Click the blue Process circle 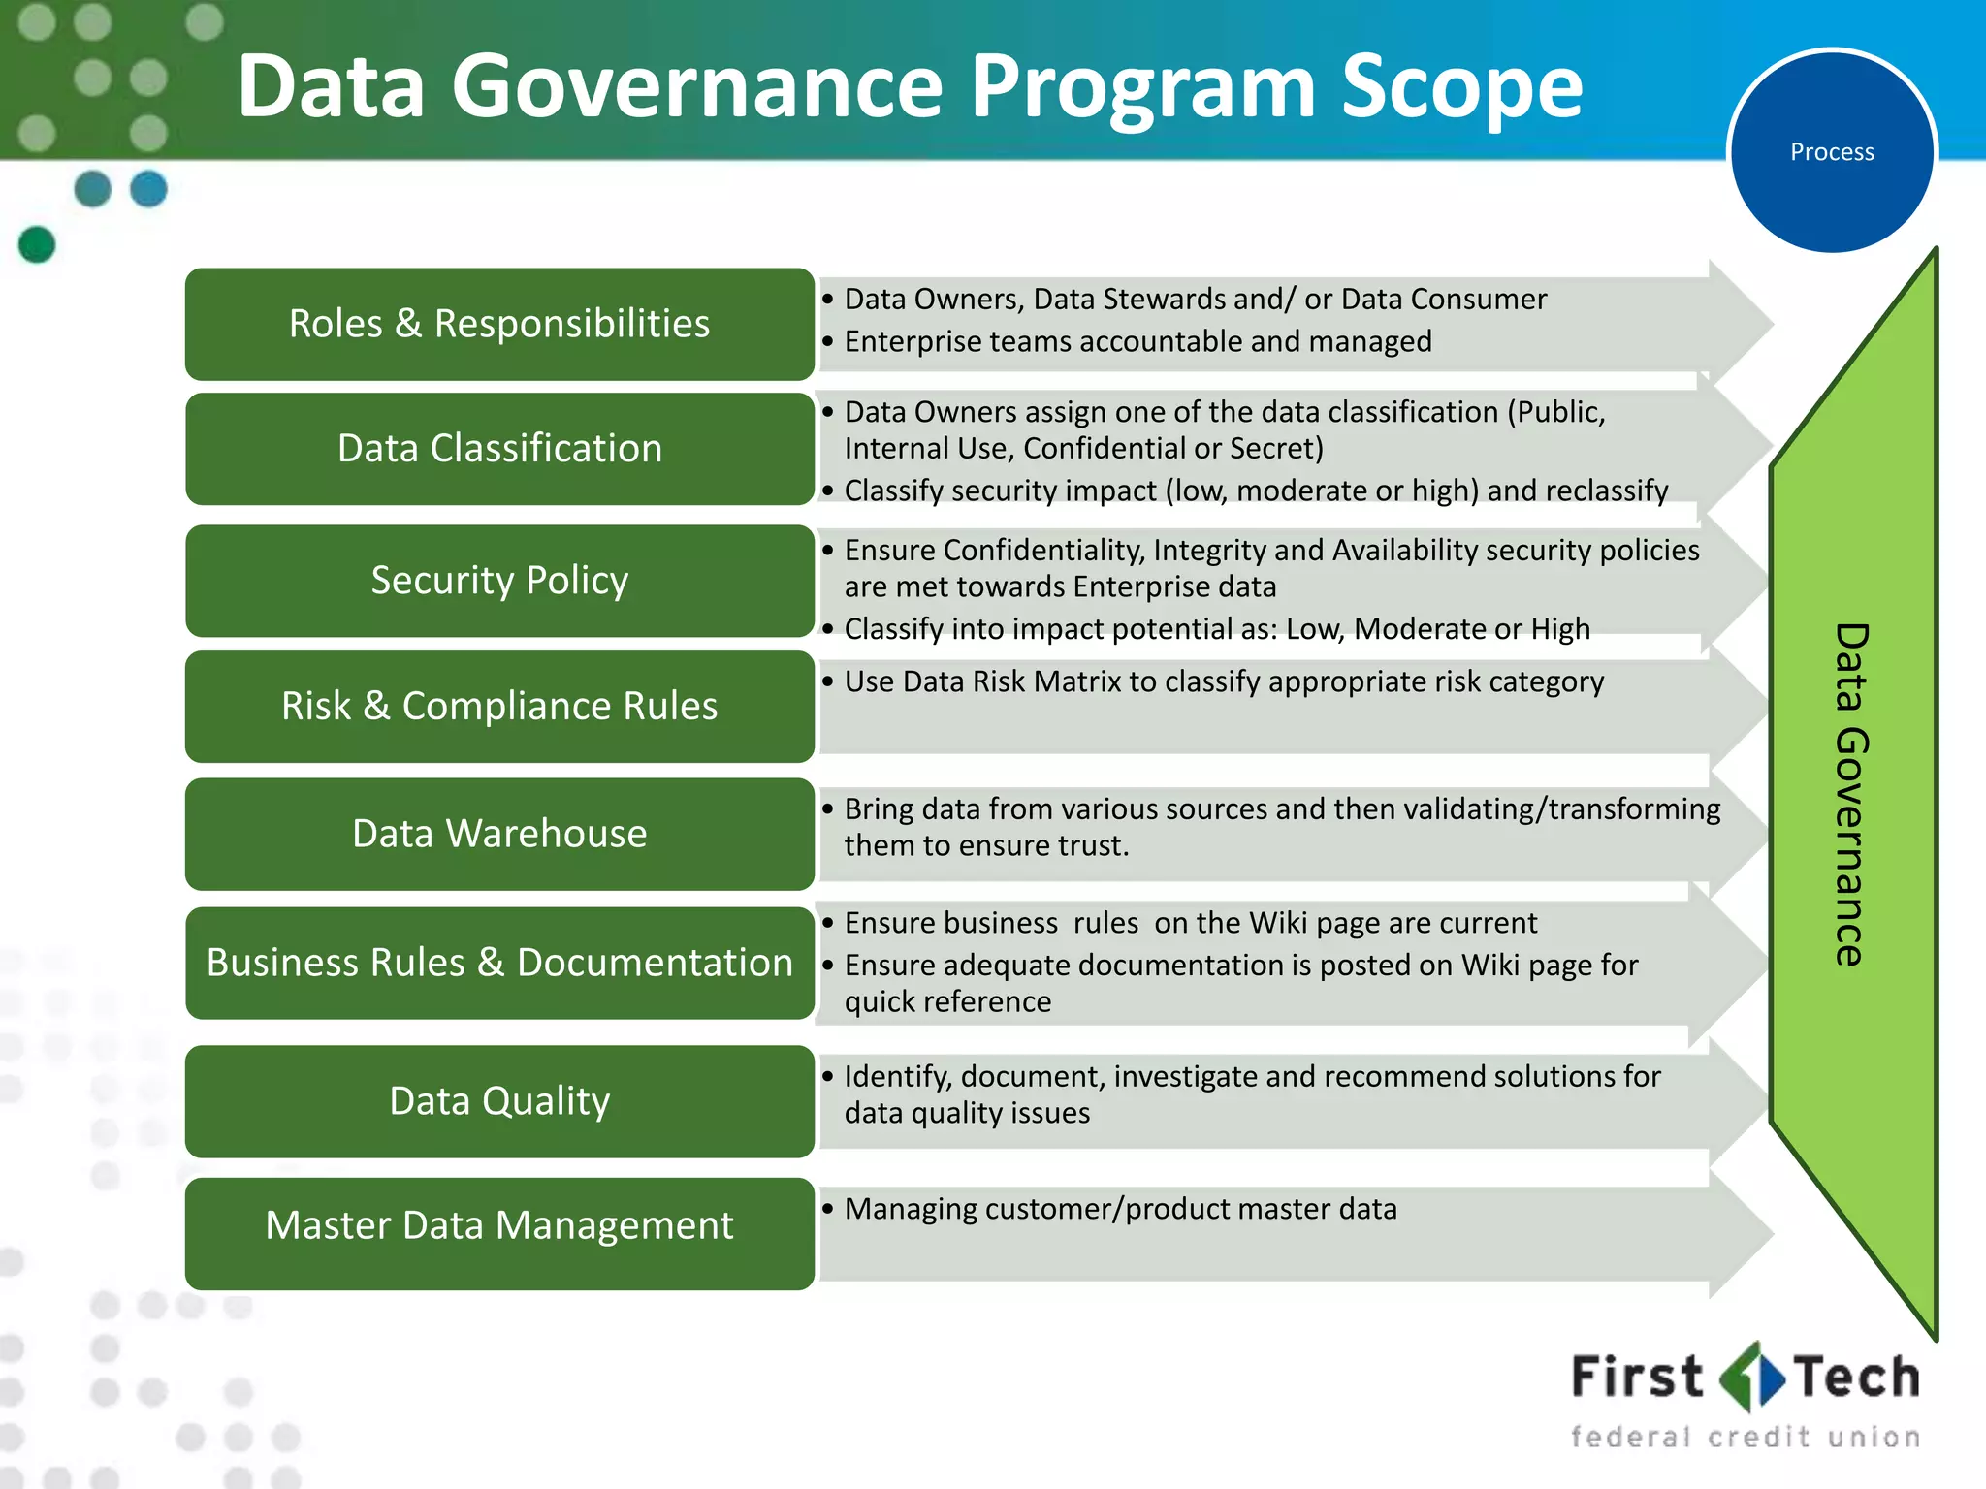1832,151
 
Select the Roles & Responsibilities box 499,324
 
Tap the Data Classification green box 499,449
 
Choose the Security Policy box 499,581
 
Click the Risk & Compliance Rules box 499,706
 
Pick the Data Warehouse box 499,834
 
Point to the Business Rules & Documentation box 499,963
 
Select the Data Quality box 499,1101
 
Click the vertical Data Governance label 1850,795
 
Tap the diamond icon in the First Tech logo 1751,1377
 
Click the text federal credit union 1746,1437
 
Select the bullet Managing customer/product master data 1120,1209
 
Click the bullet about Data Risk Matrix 1224,681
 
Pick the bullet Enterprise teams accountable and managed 1137,341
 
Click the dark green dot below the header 37,244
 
